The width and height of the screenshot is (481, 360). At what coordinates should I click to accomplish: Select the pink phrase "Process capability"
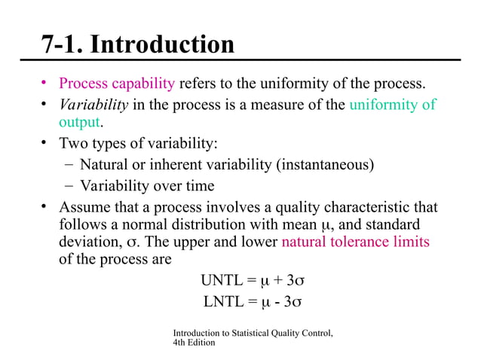(117, 84)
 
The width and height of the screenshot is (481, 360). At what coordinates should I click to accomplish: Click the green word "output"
(79, 122)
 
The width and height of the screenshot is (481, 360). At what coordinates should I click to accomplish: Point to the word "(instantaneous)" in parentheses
(326, 164)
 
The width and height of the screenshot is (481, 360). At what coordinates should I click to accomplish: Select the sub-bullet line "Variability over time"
(146, 185)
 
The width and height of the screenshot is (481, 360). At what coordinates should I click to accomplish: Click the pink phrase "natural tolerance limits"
(355, 243)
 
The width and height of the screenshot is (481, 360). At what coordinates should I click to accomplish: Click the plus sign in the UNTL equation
(277, 282)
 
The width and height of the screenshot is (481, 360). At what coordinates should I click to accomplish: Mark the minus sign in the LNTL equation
(278, 303)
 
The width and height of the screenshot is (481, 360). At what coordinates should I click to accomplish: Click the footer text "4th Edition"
(194, 343)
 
